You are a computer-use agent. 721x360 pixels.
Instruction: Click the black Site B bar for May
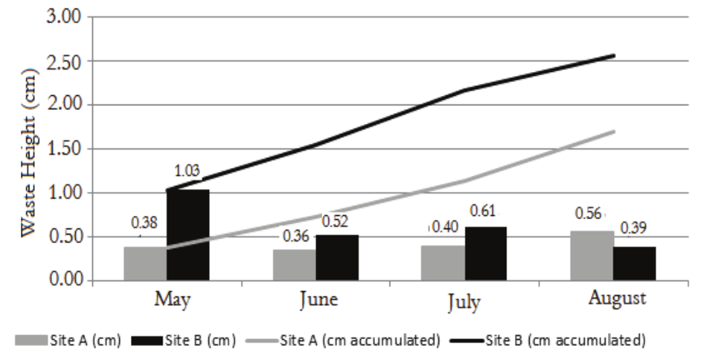tap(188, 235)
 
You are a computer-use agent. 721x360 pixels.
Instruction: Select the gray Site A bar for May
tap(145, 263)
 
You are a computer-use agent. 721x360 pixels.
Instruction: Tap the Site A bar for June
tap(294, 264)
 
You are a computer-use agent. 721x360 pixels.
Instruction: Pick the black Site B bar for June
tap(337, 257)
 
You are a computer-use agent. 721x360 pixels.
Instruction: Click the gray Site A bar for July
tap(442, 262)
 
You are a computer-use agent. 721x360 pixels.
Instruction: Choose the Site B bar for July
tap(486, 253)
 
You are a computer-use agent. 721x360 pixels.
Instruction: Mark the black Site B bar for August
tap(634, 263)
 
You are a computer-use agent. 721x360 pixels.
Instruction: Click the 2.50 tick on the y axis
tap(66, 61)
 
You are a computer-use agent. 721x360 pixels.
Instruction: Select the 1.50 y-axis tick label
tap(66, 149)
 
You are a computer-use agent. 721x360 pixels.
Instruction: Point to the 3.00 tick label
tap(66, 17)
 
